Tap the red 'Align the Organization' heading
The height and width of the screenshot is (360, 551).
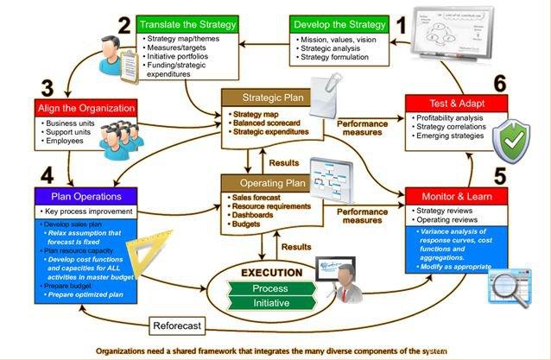click(x=85, y=108)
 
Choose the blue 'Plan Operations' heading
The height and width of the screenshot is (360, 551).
click(x=85, y=195)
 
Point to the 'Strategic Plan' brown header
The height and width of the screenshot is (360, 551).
click(x=265, y=97)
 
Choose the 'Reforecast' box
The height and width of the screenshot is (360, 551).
click(x=178, y=326)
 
